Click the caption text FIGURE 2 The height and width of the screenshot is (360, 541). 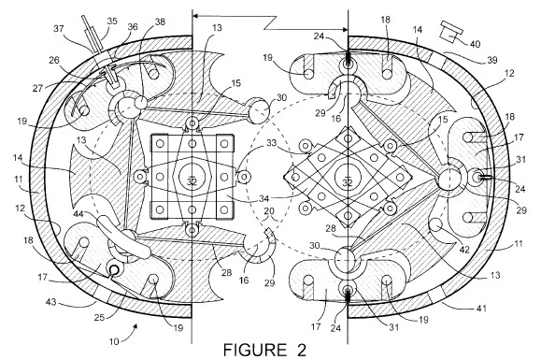[264, 351]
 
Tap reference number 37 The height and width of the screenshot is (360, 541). [58, 28]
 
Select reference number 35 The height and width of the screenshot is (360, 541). [112, 22]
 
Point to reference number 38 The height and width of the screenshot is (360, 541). [160, 22]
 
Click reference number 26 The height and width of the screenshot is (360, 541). [54, 61]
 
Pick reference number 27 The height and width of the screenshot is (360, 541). [37, 88]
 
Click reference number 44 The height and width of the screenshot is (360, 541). [78, 214]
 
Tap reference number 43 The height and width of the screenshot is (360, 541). [51, 301]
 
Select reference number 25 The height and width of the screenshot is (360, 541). [99, 316]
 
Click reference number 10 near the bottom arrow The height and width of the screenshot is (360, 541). [114, 341]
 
